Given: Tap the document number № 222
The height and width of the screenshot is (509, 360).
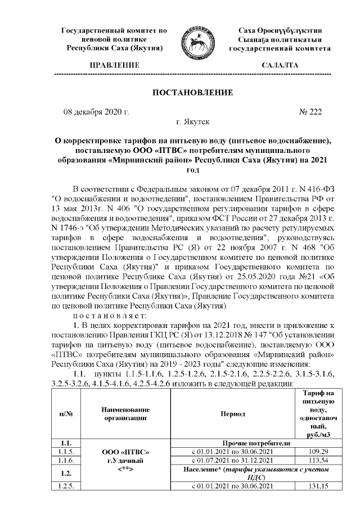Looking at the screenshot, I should [310, 112].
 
